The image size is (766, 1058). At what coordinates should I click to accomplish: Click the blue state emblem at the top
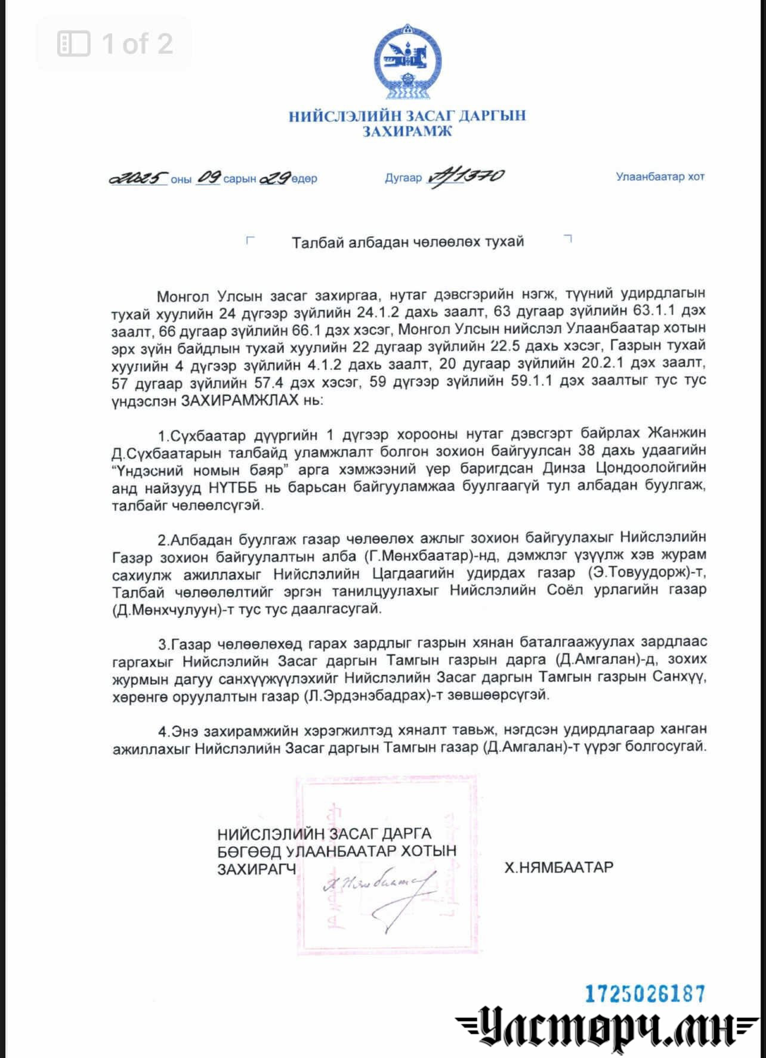click(407, 61)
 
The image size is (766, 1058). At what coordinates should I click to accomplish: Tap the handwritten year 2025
click(138, 178)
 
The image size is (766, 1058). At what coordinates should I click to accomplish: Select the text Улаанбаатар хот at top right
click(660, 177)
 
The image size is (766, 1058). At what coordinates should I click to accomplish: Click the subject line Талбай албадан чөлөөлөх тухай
click(407, 242)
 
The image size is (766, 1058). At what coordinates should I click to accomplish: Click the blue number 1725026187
click(645, 994)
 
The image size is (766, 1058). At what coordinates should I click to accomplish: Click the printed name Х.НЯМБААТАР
click(558, 867)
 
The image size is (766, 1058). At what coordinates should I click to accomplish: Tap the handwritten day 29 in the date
click(276, 178)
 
